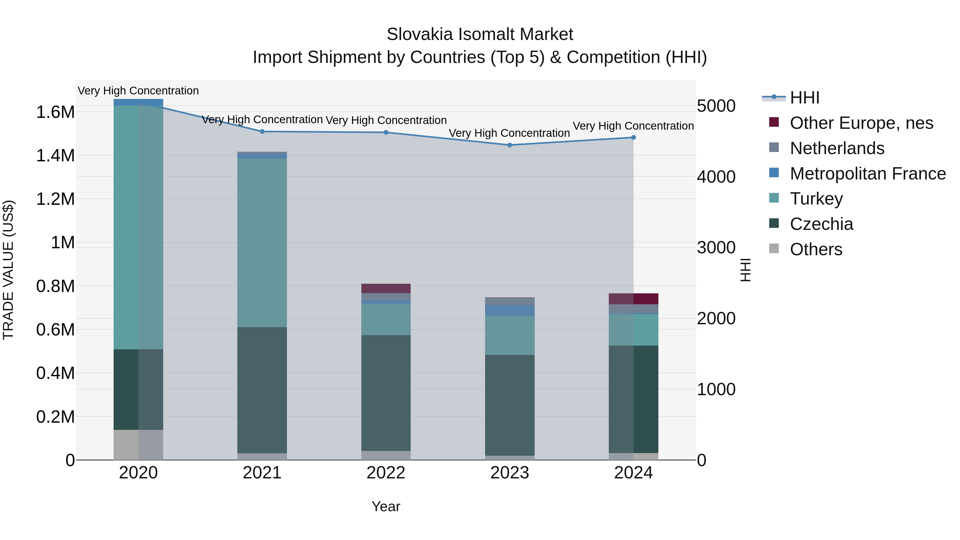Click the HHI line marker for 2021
[x=262, y=131]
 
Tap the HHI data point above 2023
[x=510, y=145]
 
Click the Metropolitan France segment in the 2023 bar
[x=510, y=310]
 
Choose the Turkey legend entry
[x=816, y=199]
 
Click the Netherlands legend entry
[x=837, y=148]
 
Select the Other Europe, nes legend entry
[x=861, y=123]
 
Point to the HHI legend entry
[x=804, y=98]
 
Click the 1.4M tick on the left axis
[x=55, y=155]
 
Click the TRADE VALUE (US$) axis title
[x=8, y=270]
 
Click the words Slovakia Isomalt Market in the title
[x=480, y=34]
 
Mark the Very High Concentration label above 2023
[x=509, y=133]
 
